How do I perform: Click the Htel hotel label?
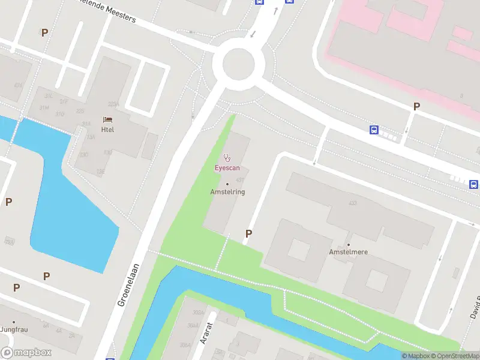tap(108, 130)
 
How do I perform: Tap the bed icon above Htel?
tap(108, 120)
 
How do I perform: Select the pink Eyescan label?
tap(227, 168)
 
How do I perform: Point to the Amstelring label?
tap(227, 192)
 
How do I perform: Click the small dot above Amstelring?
tap(227, 184)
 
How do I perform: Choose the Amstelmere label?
tap(348, 252)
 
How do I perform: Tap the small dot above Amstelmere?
tap(348, 244)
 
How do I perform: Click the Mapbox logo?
tap(26, 353)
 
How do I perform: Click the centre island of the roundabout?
tap(243, 63)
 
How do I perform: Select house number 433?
tap(353, 203)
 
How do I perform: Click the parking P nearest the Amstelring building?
tap(248, 233)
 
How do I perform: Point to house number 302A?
tap(197, 313)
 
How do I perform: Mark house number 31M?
tap(44, 107)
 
